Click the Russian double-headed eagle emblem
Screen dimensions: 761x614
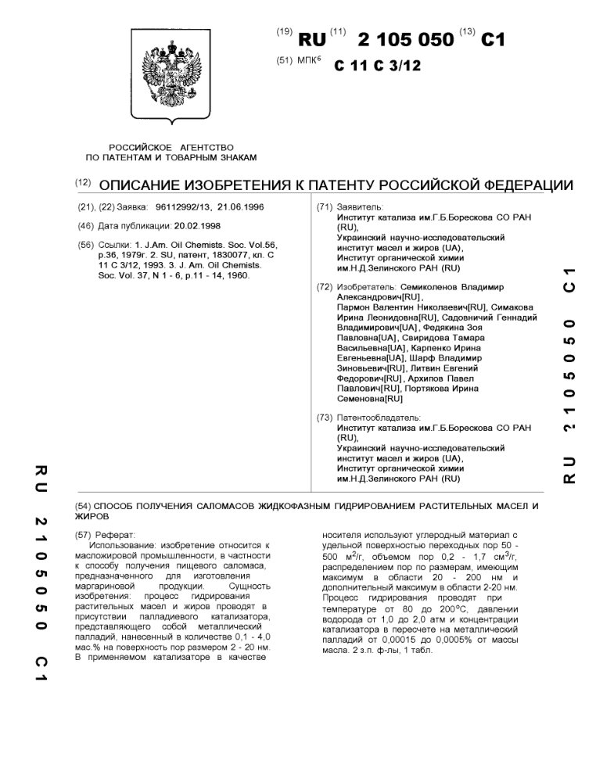[x=176, y=81]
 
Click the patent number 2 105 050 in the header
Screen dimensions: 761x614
[x=404, y=39]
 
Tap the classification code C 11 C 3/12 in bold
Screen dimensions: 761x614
[x=377, y=66]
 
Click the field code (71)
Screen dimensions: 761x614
[x=325, y=206]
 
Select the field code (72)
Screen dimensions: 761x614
[x=325, y=287]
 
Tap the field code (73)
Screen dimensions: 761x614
[x=325, y=418]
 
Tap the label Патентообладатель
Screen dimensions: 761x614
[x=379, y=418]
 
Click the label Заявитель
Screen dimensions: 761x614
[x=360, y=206]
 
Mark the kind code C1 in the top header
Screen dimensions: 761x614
[x=493, y=39]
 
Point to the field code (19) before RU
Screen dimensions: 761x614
[x=284, y=33]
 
